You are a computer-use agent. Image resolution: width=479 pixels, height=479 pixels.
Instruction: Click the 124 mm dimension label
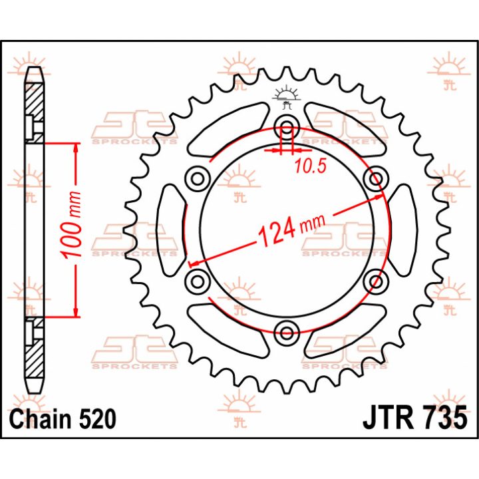pyautogui.click(x=291, y=230)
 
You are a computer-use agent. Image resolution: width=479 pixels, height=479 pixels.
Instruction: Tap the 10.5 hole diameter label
pyautogui.click(x=311, y=166)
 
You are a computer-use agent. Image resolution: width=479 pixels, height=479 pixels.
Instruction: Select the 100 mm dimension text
pyautogui.click(x=71, y=225)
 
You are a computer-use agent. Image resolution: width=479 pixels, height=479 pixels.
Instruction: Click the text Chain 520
pyautogui.click(x=63, y=418)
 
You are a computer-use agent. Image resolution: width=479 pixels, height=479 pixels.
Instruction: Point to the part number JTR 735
pyautogui.click(x=415, y=417)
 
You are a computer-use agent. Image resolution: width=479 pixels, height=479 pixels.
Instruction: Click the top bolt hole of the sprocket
pyautogui.click(x=287, y=127)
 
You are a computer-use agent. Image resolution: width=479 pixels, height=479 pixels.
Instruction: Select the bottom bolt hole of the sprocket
pyautogui.click(x=287, y=333)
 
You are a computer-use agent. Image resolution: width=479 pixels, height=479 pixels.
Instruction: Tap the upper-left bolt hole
pyautogui.click(x=198, y=178)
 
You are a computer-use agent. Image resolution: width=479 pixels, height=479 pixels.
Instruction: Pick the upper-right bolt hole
pyautogui.click(x=377, y=178)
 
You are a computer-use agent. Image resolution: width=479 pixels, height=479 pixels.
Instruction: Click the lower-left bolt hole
pyautogui.click(x=198, y=281)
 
